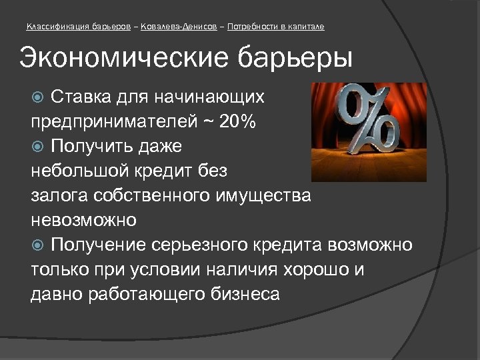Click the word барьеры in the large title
[298, 58]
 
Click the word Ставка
[79, 98]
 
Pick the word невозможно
[83, 220]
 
